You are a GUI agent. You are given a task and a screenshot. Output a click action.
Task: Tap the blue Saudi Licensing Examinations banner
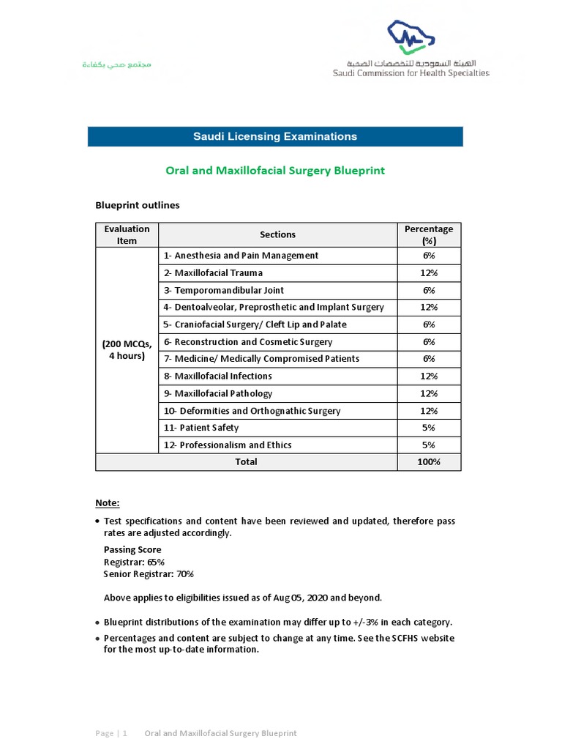tap(275, 136)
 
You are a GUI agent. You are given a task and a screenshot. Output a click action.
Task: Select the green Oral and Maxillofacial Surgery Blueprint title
tap(275, 171)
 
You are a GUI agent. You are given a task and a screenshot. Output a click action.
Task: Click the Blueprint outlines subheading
tap(138, 205)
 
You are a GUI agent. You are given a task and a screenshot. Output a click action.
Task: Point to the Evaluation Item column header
tap(127, 234)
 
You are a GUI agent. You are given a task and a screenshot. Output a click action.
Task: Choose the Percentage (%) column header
tap(429, 234)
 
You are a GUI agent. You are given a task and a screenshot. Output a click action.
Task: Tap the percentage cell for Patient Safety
tap(429, 428)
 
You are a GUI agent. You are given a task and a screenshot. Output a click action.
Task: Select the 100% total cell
tap(429, 462)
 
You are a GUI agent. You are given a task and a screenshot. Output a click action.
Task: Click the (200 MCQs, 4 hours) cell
tap(127, 350)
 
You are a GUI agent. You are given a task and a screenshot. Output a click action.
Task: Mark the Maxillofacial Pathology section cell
tap(218, 393)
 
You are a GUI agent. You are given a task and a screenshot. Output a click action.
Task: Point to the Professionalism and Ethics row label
tap(228, 445)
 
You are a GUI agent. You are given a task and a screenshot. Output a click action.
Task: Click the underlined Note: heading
tap(108, 503)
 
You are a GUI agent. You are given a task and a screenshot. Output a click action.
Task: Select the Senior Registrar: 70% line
tap(149, 574)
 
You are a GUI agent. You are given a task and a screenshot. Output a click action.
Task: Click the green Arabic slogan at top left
tap(116, 64)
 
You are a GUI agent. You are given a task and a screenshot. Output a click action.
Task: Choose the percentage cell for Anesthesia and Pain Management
tap(429, 256)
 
